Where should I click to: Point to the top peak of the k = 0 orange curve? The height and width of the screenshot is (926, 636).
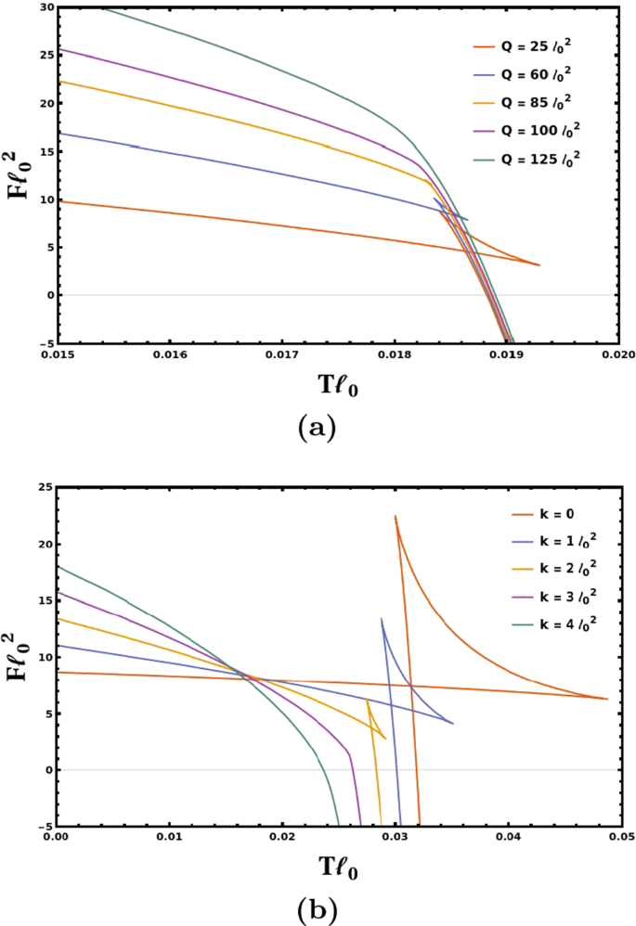[396, 516]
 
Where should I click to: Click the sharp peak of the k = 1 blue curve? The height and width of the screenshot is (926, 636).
[382, 618]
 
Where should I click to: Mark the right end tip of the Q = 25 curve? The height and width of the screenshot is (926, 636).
[539, 265]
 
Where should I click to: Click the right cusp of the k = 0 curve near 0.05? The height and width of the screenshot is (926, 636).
[607, 699]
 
